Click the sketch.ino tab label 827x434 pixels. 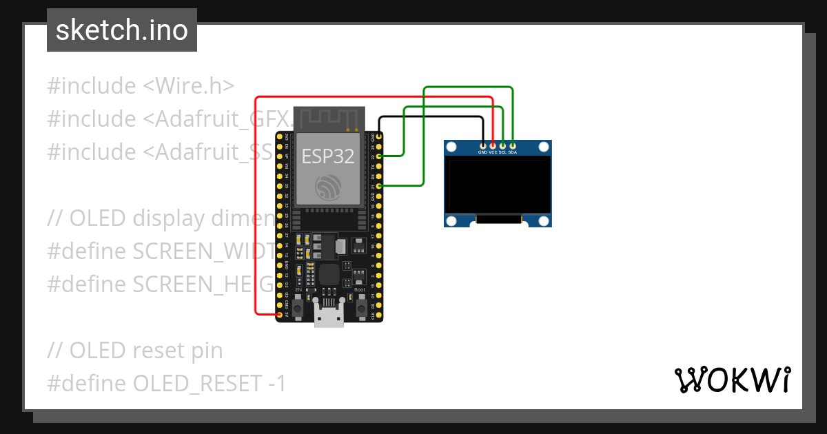point(122,30)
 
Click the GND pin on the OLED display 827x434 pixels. point(482,146)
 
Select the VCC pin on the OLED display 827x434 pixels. point(493,146)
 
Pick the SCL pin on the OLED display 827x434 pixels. point(502,146)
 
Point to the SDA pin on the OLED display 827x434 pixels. point(513,146)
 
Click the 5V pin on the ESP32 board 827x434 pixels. point(279,315)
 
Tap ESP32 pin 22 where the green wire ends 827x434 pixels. point(379,156)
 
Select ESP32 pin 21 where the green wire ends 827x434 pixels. point(379,186)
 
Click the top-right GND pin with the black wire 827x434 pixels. point(379,137)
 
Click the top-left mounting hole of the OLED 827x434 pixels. point(451,147)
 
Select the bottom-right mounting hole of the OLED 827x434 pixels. point(544,220)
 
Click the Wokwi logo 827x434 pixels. point(732,380)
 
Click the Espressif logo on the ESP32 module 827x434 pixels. point(329,188)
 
